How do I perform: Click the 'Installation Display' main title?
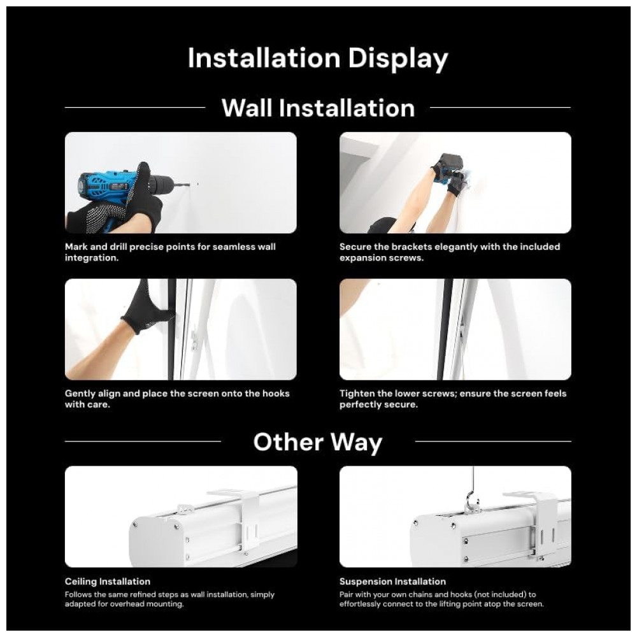(x=318, y=59)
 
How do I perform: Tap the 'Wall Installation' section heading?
(x=318, y=108)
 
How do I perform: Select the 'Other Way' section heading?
(x=318, y=442)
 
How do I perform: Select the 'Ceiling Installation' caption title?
(x=107, y=582)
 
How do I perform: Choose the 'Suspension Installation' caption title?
(x=392, y=582)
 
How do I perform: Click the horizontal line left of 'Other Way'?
(x=143, y=441)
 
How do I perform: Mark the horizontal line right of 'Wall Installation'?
(x=500, y=108)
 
